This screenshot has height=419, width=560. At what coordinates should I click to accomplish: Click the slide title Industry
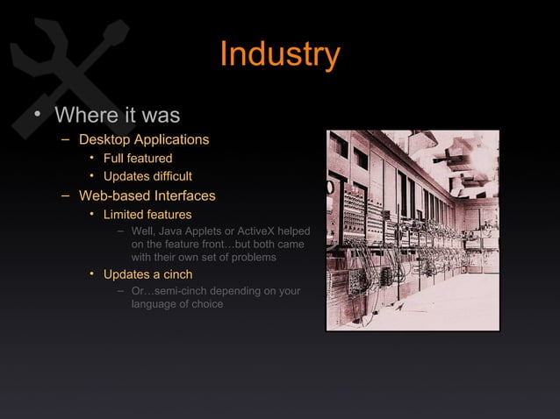[x=279, y=54]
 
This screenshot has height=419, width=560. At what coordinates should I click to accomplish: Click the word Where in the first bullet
[x=83, y=116]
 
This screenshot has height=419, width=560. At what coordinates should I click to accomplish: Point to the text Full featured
[x=138, y=159]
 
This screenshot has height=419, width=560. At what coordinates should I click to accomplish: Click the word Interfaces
[x=183, y=195]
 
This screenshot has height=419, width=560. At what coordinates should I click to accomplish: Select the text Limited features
[x=147, y=215]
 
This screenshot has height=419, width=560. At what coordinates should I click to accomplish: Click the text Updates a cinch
[x=147, y=275]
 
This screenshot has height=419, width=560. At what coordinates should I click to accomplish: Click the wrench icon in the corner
[x=61, y=66]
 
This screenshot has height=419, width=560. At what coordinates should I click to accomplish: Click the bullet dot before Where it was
[x=36, y=117]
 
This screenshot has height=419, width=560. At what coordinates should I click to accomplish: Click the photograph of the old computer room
[x=413, y=231]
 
